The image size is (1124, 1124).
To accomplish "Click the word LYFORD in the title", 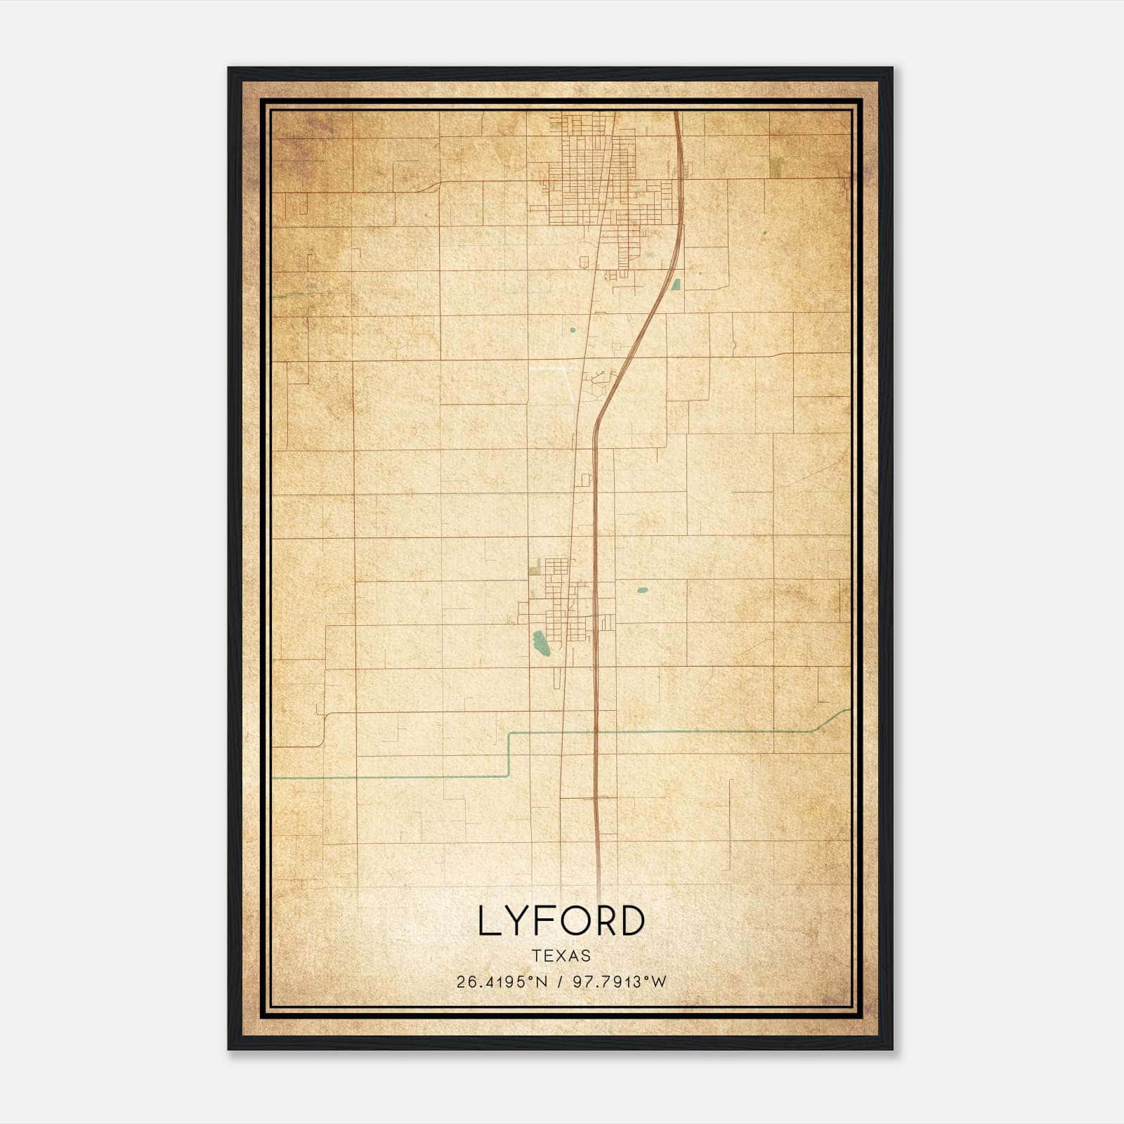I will pyautogui.click(x=561, y=920).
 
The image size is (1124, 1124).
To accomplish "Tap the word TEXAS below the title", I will pyautogui.click(x=561, y=955).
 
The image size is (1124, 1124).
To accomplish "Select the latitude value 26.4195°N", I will pyautogui.click(x=502, y=982).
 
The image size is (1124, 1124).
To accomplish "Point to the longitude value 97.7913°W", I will pyautogui.click(x=619, y=982).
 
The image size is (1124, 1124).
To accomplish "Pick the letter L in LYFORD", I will pyautogui.click(x=488, y=920).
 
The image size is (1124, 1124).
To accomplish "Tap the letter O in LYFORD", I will pyautogui.click(x=570, y=920).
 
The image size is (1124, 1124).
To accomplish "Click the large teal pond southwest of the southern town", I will pyautogui.click(x=541, y=643).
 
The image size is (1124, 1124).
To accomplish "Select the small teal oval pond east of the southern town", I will pyautogui.click(x=642, y=591).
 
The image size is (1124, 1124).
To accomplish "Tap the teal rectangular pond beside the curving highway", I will pyautogui.click(x=676, y=285).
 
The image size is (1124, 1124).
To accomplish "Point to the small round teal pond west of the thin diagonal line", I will pyautogui.click(x=572, y=329).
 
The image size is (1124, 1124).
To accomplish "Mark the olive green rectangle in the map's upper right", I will pyautogui.click(x=776, y=167).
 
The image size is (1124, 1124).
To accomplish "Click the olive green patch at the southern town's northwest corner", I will pyautogui.click(x=536, y=567).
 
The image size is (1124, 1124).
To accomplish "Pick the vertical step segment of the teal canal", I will pyautogui.click(x=508, y=754).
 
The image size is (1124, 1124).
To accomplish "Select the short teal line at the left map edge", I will pyautogui.click(x=281, y=296).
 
